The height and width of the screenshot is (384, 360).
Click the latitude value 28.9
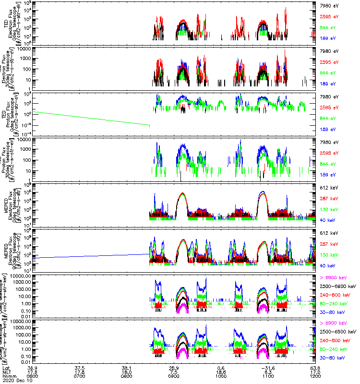174,367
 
